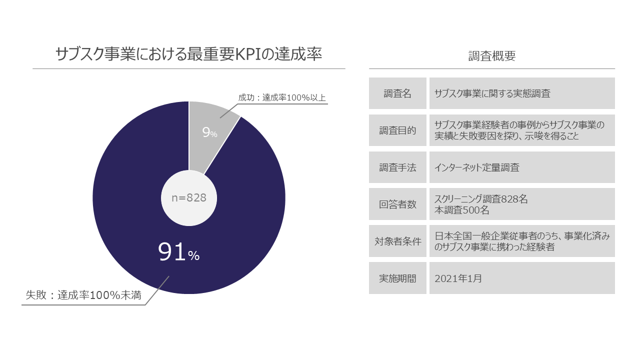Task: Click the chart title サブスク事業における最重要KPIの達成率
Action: pyautogui.click(x=188, y=54)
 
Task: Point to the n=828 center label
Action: pyautogui.click(x=189, y=198)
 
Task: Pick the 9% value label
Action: pyautogui.click(x=209, y=132)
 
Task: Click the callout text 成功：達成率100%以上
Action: pyautogui.click(x=282, y=97)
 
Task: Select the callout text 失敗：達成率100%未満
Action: pyautogui.click(x=83, y=295)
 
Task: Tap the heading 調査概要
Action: pyautogui.click(x=492, y=56)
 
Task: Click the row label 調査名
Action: pyautogui.click(x=397, y=93)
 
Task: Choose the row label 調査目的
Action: pyautogui.click(x=397, y=130)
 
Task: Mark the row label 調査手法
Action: pyautogui.click(x=397, y=167)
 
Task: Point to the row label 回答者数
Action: pyautogui.click(x=397, y=204)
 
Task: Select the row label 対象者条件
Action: pyautogui.click(x=397, y=241)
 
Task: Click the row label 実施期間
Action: pyautogui.click(x=397, y=278)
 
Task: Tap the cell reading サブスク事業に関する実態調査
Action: pyautogui.click(x=492, y=93)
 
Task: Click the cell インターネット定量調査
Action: pyautogui.click(x=477, y=167)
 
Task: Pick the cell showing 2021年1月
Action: pyautogui.click(x=458, y=278)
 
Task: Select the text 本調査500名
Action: pyautogui.click(x=462, y=210)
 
